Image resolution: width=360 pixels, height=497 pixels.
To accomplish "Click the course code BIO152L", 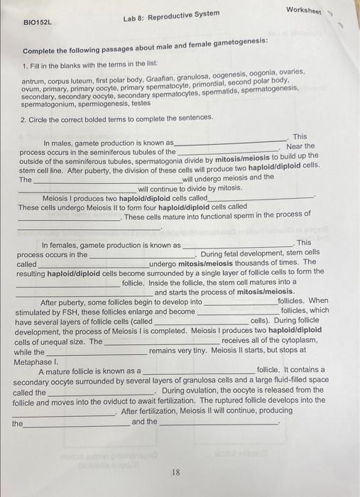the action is point(38,21).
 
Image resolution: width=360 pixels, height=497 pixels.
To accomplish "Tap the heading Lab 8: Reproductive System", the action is point(171,15).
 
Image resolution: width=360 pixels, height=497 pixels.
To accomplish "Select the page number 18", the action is point(175,471).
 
